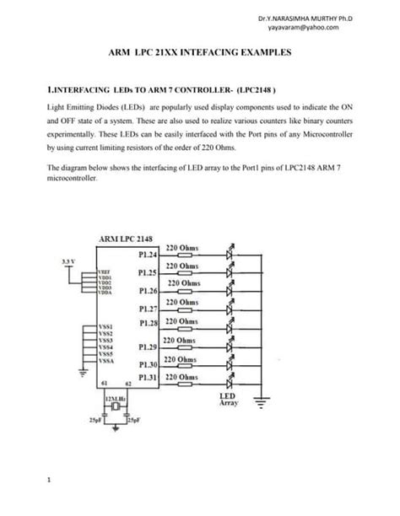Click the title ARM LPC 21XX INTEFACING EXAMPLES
click(201, 53)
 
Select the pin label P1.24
click(148, 255)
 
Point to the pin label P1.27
click(148, 309)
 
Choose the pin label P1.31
click(148, 377)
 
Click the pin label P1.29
click(148, 347)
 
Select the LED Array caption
click(229, 400)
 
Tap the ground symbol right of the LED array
click(263, 402)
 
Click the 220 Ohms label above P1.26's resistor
click(182, 284)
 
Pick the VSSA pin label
click(106, 360)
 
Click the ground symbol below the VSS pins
click(82, 368)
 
